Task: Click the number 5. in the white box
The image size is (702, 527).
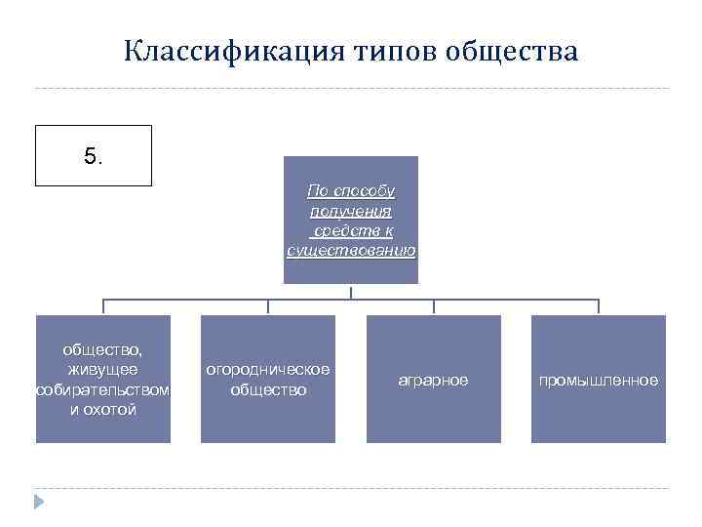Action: (x=93, y=155)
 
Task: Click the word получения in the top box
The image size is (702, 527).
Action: (x=351, y=210)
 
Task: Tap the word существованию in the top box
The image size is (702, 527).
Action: (x=351, y=251)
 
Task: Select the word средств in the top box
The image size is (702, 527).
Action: (x=338, y=230)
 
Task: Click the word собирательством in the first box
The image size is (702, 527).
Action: (x=102, y=389)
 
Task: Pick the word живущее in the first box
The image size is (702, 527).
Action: (x=102, y=369)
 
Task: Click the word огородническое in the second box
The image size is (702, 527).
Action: (x=268, y=369)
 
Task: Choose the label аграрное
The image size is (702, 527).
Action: (x=433, y=380)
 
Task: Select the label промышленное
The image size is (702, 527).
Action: (x=599, y=380)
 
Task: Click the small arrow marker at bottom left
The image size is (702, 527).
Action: (x=39, y=503)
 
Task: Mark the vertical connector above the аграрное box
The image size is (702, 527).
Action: (x=434, y=306)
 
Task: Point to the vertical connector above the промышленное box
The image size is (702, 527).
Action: (x=599, y=306)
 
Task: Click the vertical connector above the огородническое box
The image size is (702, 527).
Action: (x=268, y=306)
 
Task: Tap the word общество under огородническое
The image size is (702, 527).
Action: (x=268, y=389)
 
